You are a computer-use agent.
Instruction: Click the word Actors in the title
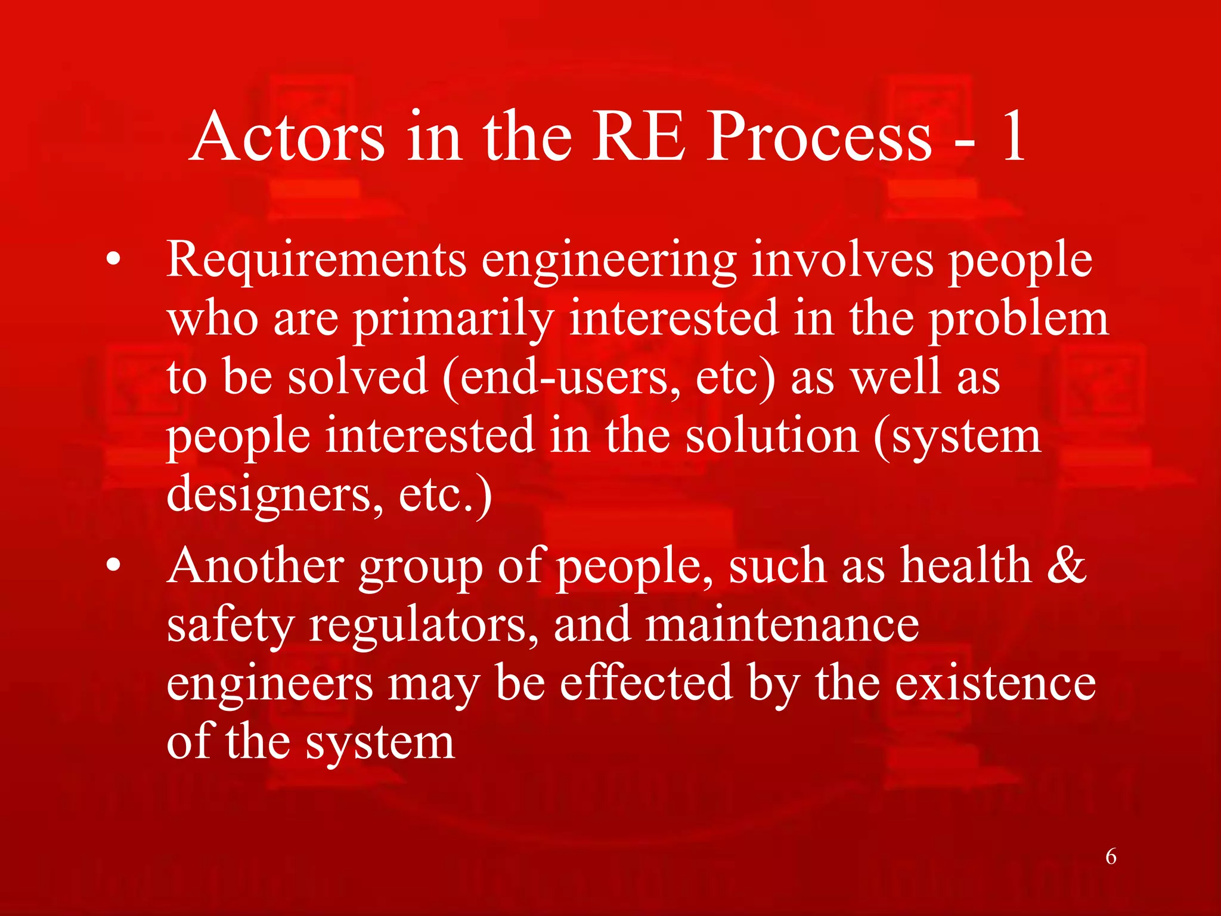287,138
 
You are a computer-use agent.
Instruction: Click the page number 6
1111,857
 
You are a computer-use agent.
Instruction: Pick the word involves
842,260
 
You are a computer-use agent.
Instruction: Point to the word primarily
454,320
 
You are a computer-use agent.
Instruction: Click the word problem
1019,320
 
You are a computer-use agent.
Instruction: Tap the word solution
772,437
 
